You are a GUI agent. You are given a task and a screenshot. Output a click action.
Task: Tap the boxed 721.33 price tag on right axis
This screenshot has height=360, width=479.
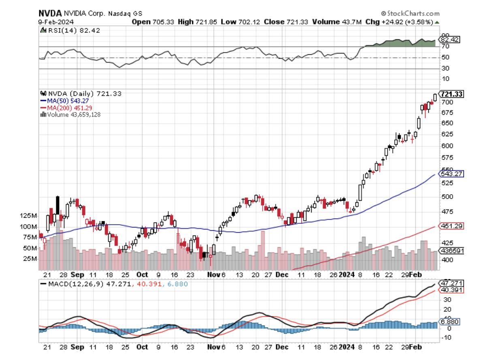(x=452, y=94)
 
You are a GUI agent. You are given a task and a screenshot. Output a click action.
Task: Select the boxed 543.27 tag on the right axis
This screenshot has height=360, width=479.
(x=451, y=174)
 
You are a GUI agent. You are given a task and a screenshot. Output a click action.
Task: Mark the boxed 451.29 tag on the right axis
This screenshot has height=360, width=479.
(x=451, y=226)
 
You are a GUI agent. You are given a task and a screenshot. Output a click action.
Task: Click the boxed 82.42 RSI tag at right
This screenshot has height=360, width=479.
(x=451, y=40)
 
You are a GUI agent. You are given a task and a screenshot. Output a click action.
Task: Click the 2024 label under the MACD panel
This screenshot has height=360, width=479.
(x=347, y=347)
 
